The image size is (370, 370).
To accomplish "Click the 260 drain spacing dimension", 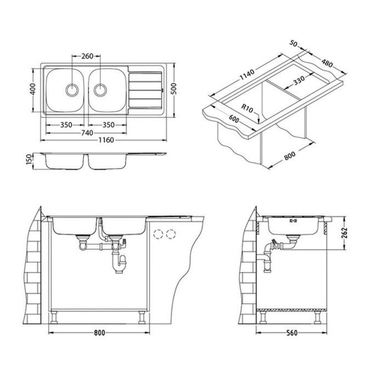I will click(x=87, y=56).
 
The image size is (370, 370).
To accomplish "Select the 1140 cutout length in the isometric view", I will click(x=247, y=75).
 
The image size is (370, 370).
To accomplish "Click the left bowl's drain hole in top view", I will click(x=72, y=89).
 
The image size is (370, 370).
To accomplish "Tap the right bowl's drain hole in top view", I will click(x=100, y=89).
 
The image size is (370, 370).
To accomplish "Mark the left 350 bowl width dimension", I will click(x=66, y=125).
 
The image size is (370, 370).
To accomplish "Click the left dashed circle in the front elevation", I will click(x=158, y=234).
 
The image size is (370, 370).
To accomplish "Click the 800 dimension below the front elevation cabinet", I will click(x=99, y=333).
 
